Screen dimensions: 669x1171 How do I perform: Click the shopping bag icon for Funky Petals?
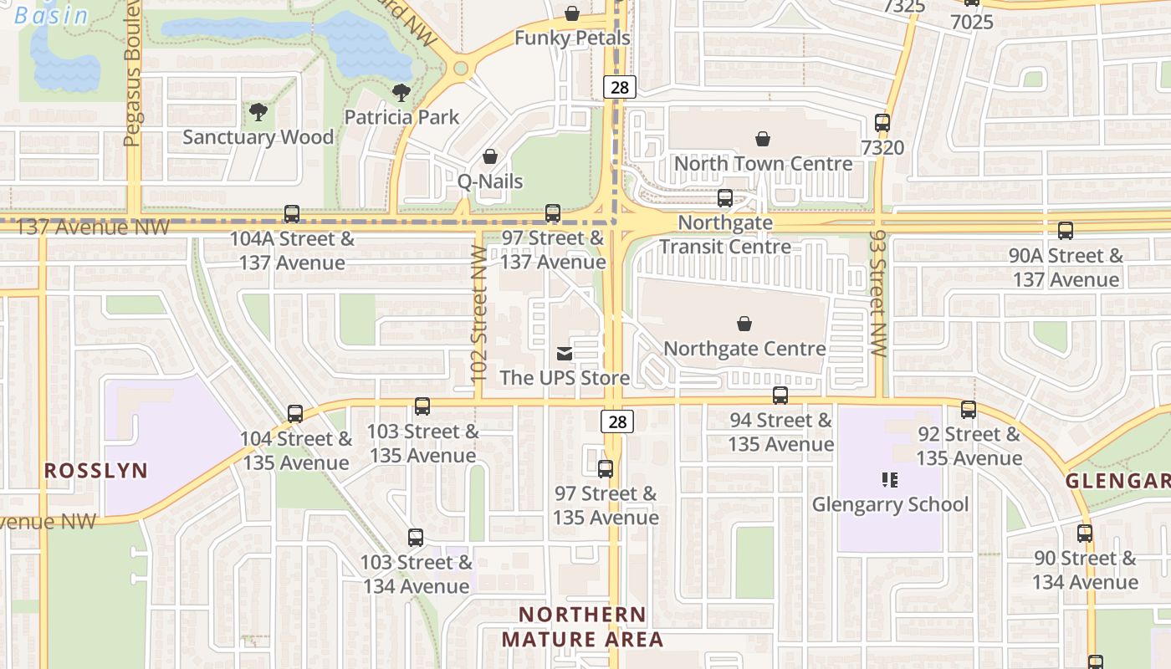tap(572, 13)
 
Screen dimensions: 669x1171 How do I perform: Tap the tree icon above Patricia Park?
tap(401, 92)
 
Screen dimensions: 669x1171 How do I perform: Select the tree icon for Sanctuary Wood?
tap(258, 112)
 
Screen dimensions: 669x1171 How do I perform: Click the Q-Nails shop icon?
tap(490, 156)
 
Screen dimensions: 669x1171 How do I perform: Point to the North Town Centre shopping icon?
tap(763, 138)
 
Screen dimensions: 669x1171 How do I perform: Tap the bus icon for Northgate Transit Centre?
tap(725, 198)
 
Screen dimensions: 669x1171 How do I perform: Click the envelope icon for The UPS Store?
tap(565, 354)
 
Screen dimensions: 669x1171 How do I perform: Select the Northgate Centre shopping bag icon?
tap(744, 324)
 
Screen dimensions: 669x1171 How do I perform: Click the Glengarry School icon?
tap(890, 480)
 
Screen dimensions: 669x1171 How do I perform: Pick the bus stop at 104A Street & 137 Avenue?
tap(292, 214)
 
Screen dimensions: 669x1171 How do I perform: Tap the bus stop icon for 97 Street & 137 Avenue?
tap(553, 213)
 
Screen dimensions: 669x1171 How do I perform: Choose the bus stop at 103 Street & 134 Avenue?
tap(416, 538)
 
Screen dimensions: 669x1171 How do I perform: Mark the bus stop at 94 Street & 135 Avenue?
tap(780, 396)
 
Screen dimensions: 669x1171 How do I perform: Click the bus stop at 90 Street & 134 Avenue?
tap(1085, 534)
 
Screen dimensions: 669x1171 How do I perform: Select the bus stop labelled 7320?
tap(882, 123)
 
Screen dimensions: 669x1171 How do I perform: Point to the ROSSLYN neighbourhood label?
tap(95, 471)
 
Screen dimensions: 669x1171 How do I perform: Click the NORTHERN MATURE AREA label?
tap(582, 627)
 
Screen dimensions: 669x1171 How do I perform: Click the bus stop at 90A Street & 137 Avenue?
tap(1066, 232)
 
